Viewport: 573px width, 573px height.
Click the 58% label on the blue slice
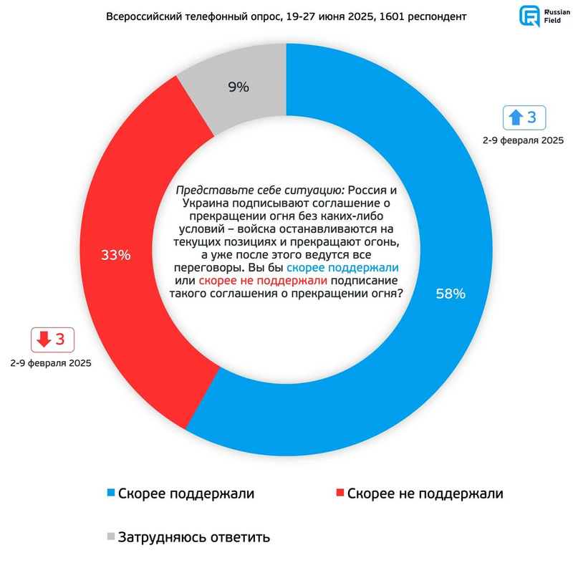click(x=451, y=294)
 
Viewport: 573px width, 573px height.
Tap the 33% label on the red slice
click(x=115, y=255)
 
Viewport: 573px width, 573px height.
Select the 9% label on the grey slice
click(x=239, y=87)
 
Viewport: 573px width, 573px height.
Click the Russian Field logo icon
click(x=530, y=16)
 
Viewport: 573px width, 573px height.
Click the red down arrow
click(x=43, y=340)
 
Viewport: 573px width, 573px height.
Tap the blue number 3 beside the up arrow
click(x=531, y=117)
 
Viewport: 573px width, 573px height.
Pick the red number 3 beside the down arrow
click(x=60, y=340)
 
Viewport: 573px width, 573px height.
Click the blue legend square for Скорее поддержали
click(x=110, y=493)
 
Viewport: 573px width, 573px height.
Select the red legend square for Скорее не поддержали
click(x=339, y=493)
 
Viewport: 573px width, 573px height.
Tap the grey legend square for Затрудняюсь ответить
click(x=110, y=536)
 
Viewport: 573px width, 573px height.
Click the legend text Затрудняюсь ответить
click(x=194, y=536)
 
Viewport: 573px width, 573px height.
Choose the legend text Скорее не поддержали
click(x=425, y=493)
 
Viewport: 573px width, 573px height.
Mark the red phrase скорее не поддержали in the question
click(x=263, y=280)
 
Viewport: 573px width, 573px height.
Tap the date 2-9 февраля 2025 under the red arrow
click(x=51, y=364)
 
